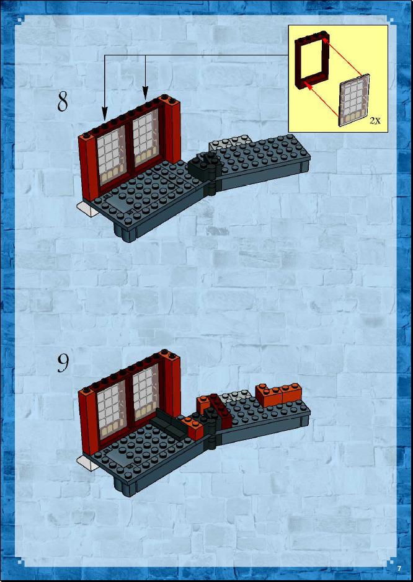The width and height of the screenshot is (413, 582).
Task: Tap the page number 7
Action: pos(399,568)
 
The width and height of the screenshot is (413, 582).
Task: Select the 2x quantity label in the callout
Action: pos(375,121)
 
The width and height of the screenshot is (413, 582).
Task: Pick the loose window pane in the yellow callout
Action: pos(354,100)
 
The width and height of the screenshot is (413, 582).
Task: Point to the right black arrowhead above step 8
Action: pos(145,94)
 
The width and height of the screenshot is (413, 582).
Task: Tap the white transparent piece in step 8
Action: pos(87,209)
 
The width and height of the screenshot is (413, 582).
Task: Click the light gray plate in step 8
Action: pos(229,143)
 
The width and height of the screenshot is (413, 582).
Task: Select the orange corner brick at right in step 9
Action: pos(278,395)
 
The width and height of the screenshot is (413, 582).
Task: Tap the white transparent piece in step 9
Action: pos(87,464)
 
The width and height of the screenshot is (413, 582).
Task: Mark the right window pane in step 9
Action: pos(146,390)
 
